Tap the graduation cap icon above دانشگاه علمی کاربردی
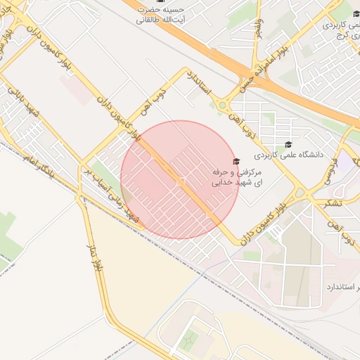pyautogui.click(x=288, y=143)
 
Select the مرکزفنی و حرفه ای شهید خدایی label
pyautogui.click(x=236, y=177)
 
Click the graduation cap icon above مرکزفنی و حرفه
pyautogui.click(x=236, y=162)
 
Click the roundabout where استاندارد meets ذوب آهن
pyautogui.click(x=224, y=105)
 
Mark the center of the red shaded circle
pyautogui.click(x=179, y=179)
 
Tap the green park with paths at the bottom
pyautogui.click(x=188, y=342)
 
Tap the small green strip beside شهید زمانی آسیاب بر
pyautogui.click(x=103, y=176)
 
